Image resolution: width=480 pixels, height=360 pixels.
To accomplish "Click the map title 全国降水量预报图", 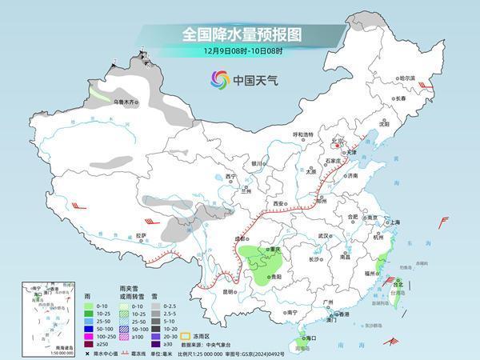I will tap(239, 34).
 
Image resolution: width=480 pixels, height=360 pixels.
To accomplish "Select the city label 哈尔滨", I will tap(408, 78).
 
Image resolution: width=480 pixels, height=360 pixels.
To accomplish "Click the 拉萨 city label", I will tap(142, 236).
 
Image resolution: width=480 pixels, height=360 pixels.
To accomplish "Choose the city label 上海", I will tap(393, 222).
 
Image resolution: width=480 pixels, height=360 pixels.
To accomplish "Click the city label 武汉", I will tap(324, 236).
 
